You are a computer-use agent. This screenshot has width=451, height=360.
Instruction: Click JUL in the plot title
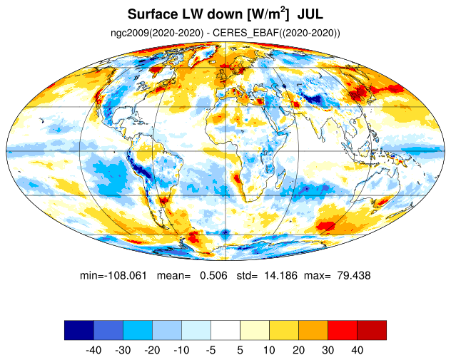310,14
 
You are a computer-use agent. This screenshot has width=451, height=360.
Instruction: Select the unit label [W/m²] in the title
267,14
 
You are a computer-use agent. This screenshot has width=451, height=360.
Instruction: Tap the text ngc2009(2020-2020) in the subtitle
157,33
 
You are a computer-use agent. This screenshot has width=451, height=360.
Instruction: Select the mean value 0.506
213,276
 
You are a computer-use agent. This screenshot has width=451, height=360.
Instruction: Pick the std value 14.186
280,276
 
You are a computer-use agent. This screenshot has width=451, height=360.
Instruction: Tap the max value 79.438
354,276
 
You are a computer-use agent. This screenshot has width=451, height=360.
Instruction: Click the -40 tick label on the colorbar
93,350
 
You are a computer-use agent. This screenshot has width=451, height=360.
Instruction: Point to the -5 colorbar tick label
211,350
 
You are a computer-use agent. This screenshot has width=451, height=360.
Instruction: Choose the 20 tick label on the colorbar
298,350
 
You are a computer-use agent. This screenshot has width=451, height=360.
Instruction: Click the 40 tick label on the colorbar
357,350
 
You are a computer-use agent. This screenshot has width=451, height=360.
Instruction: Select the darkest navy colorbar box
79,330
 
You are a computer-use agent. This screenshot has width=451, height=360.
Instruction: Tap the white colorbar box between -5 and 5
225,330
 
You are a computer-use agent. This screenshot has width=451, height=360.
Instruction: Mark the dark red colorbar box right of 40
372,330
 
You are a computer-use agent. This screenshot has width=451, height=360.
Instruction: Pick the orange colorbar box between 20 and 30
313,330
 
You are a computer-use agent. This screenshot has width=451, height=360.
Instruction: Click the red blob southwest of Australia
326,225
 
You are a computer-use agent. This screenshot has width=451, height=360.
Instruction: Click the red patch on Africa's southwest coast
238,178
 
